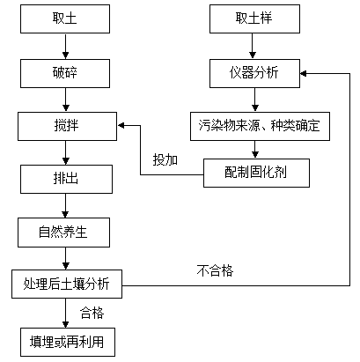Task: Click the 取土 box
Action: pyautogui.click(x=65, y=18)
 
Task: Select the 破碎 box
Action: pyautogui.click(x=65, y=73)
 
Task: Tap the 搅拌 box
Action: pyautogui.click(x=67, y=126)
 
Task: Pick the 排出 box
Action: pyautogui.click(x=66, y=179)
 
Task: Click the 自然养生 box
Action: pyautogui.click(x=63, y=233)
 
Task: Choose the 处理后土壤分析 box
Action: pyautogui.click(x=67, y=284)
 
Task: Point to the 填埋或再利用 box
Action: pyautogui.click(x=68, y=343)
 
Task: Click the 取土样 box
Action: pyautogui.click(x=254, y=18)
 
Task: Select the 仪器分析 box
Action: pyautogui.click(x=254, y=73)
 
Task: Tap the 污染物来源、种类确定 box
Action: pyautogui.click(x=260, y=126)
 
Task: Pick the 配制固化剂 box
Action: pyautogui.click(x=256, y=173)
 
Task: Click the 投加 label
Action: pyautogui.click(x=165, y=160)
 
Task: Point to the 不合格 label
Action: pyautogui.click(x=215, y=270)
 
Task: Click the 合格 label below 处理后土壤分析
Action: pyautogui.click(x=92, y=313)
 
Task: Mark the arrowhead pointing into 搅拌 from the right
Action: pyautogui.click(x=121, y=126)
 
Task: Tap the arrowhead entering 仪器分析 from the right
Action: pyautogui.click(x=304, y=73)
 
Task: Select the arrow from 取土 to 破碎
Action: pyautogui.click(x=65, y=47)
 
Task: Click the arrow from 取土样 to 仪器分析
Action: pyautogui.click(x=253, y=47)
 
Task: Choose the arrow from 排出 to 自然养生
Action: pyautogui.click(x=65, y=206)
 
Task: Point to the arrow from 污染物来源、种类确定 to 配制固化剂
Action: pyautogui.click(x=255, y=150)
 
